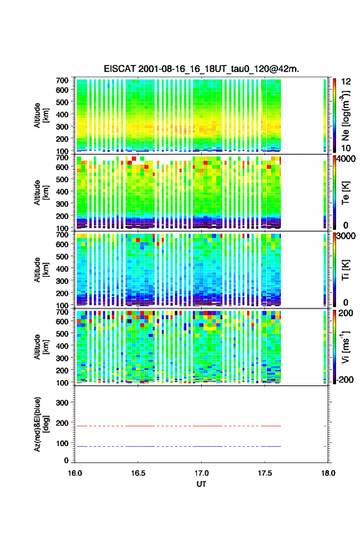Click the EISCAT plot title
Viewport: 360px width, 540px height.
pyautogui.click(x=201, y=69)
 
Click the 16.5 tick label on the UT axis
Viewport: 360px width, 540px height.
pyautogui.click(x=138, y=473)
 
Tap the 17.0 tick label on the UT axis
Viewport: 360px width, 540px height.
pyautogui.click(x=201, y=473)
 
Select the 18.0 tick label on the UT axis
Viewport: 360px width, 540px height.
pyautogui.click(x=328, y=473)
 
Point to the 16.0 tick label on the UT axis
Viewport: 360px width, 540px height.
pyautogui.click(x=75, y=473)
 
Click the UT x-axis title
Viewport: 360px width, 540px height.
pyautogui.click(x=201, y=484)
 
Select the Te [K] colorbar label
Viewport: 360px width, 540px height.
pyautogui.click(x=345, y=193)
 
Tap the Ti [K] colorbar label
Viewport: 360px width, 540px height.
pyautogui.click(x=345, y=270)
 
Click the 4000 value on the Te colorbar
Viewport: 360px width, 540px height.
pyautogui.click(x=347, y=159)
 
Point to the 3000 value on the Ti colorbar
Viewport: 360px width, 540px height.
pyautogui.click(x=346, y=236)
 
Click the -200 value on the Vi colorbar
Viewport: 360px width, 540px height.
pyautogui.click(x=345, y=379)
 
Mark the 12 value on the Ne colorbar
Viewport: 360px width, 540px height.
pyautogui.click(x=346, y=82)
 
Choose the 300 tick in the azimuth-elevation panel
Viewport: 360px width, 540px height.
pyautogui.click(x=62, y=403)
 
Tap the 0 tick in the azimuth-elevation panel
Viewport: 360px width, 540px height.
pyautogui.click(x=66, y=460)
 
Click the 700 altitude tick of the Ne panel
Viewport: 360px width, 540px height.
pyautogui.click(x=62, y=80)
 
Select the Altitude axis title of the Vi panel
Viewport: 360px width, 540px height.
pyautogui.click(x=41, y=347)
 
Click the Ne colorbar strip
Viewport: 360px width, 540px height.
pyautogui.click(x=334, y=115)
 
